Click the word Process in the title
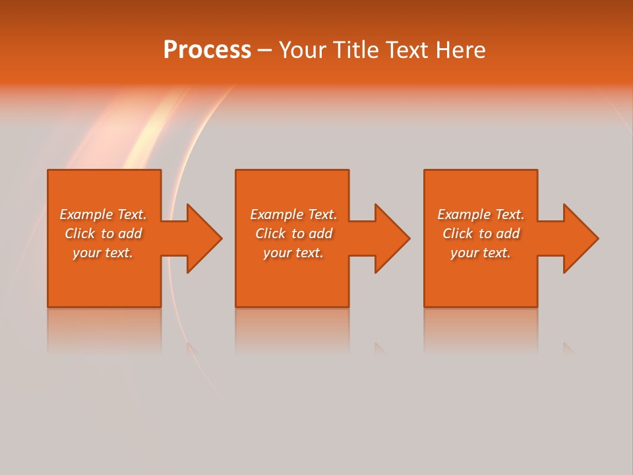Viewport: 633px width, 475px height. pos(207,50)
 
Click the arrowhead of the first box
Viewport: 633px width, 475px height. pos(204,238)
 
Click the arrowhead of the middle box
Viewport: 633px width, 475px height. pos(392,238)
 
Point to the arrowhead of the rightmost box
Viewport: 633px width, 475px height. pos(581,238)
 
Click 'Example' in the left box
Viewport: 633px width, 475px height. pos(86,214)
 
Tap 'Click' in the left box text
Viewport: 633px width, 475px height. pos(80,234)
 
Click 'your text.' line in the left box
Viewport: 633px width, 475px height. pos(103,253)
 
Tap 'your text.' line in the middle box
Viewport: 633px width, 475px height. pos(293,253)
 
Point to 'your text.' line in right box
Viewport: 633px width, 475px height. pos(481,253)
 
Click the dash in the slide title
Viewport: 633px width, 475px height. pos(264,50)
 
